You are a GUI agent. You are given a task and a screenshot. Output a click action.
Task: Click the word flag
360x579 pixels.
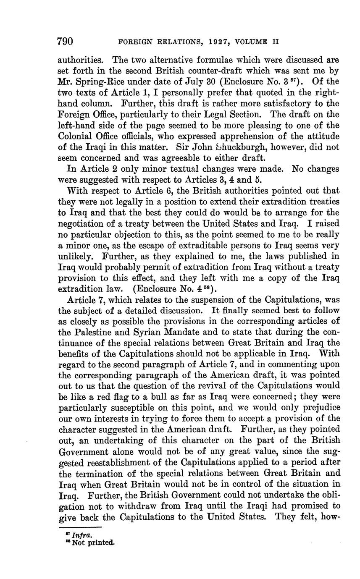(x=95, y=397)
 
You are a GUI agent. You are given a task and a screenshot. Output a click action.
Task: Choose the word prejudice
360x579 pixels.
(x=319, y=408)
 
